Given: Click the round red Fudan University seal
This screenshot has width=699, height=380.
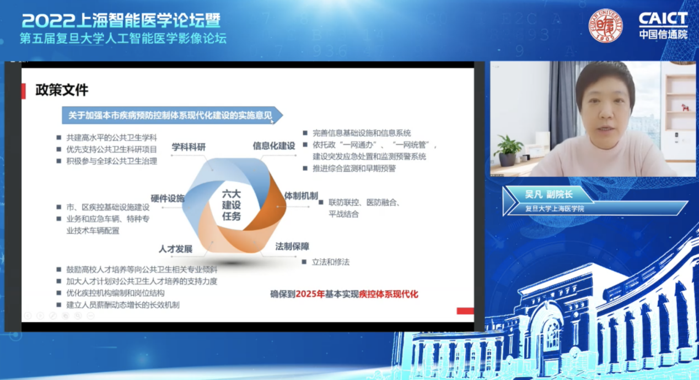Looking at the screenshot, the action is point(605,25).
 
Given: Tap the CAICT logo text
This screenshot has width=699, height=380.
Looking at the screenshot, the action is point(663,19).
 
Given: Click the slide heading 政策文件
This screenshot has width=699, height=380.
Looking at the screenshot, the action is point(62,90).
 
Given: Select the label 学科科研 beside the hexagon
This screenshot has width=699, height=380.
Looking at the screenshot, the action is point(189,147).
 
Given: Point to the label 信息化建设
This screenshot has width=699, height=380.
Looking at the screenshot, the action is point(273,145).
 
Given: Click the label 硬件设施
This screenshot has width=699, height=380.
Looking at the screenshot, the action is point(168,198).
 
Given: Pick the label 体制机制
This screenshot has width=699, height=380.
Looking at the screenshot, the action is point(301,196).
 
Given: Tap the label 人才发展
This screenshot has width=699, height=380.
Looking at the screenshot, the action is point(175,249).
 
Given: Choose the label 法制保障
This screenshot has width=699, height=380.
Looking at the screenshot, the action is point(292,247).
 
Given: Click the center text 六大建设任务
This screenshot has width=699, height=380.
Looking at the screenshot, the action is point(231,205).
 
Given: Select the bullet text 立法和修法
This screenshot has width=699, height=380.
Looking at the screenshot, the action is point(330,262).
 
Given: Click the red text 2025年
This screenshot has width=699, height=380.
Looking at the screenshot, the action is point(310,294).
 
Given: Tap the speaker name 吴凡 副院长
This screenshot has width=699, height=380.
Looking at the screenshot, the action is point(549,194).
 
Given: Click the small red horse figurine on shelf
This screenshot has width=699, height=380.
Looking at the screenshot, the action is point(685,107).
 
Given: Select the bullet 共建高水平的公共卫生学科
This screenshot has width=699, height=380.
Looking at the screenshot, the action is point(111,138).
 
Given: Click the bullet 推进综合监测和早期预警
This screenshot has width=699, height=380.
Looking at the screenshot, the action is point(354,169).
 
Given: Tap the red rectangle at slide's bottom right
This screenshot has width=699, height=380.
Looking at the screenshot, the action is point(465,311).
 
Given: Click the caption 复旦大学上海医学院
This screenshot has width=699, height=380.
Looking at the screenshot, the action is point(555,209).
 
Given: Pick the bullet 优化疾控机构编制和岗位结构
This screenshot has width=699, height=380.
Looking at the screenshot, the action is point(115,293).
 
